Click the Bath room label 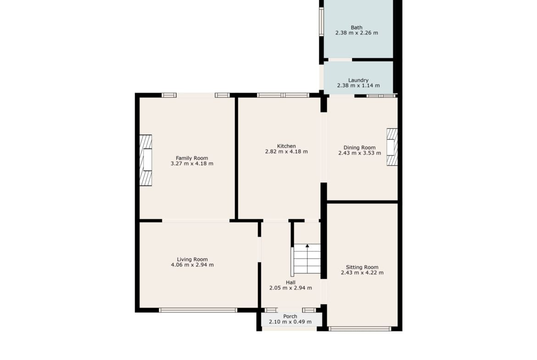(x=357, y=28)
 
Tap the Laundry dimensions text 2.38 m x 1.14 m (x=358, y=86)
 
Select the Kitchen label (x=286, y=146)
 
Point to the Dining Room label (x=359, y=148)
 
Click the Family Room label (x=192, y=158)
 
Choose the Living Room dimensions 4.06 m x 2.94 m (x=192, y=265)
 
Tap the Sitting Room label (x=362, y=267)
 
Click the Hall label (x=291, y=282)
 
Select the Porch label (x=290, y=316)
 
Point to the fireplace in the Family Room (x=145, y=160)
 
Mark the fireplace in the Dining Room (x=392, y=147)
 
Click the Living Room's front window (x=198, y=310)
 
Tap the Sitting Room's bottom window (x=359, y=329)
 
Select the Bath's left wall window (x=321, y=22)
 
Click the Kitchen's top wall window (x=283, y=95)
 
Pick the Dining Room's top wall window (x=381, y=96)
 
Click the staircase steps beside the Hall (x=307, y=259)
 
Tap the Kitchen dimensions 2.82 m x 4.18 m (x=286, y=152)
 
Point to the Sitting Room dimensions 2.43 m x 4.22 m (x=362, y=273)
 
